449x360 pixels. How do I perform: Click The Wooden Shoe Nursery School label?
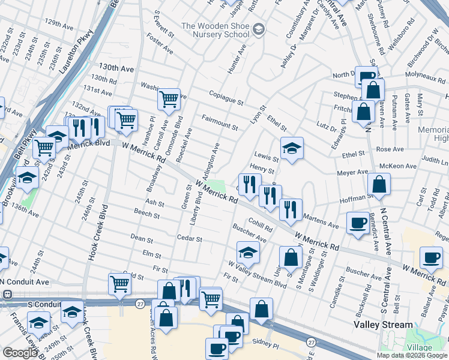(215, 30)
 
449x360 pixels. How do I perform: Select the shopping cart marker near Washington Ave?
(169, 99)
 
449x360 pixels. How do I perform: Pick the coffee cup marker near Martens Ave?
(358, 223)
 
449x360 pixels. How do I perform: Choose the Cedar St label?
(189, 239)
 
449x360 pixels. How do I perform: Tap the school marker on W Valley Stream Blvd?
(248, 253)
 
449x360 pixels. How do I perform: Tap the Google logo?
(19, 353)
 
